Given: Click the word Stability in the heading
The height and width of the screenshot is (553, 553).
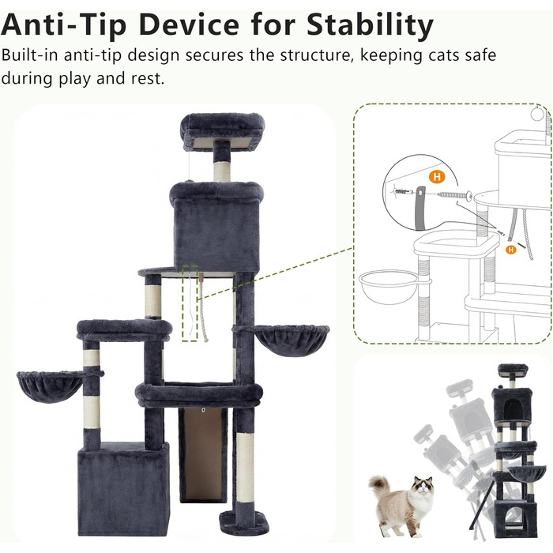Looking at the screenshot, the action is point(370,26).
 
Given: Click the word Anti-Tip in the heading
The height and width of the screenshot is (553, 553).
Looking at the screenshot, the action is point(64,25).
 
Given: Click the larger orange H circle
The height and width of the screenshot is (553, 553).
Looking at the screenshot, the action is point(437,177).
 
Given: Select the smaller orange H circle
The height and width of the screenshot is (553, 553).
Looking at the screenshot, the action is point(510,250).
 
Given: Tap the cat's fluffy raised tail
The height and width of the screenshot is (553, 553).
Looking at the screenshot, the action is point(379,486).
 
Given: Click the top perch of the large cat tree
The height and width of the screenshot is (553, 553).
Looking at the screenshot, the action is point(223,131).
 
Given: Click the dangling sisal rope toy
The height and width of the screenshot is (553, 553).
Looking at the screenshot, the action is point(202,307).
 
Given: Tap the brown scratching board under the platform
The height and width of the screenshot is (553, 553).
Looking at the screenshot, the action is point(203,454).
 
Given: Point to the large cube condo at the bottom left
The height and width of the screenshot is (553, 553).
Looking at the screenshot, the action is point(123,489).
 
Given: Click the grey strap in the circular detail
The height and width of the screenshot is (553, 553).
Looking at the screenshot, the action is point(419,208).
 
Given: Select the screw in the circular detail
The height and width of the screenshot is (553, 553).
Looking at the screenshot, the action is point(455,194).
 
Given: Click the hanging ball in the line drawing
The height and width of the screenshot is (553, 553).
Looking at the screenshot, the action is point(537,114).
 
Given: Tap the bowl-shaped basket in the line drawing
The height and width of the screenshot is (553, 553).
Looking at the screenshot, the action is point(390,286).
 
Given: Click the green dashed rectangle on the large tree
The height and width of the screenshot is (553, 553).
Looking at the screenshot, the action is point(190,303).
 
